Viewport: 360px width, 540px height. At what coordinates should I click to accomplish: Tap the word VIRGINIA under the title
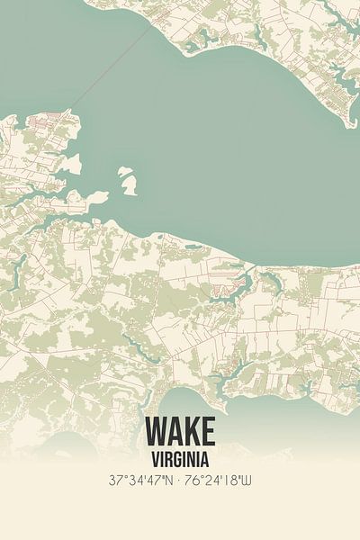(x=179, y=457)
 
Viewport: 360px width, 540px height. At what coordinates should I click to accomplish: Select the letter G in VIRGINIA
(x=180, y=457)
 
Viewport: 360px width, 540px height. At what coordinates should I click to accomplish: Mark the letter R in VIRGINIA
(x=168, y=457)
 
